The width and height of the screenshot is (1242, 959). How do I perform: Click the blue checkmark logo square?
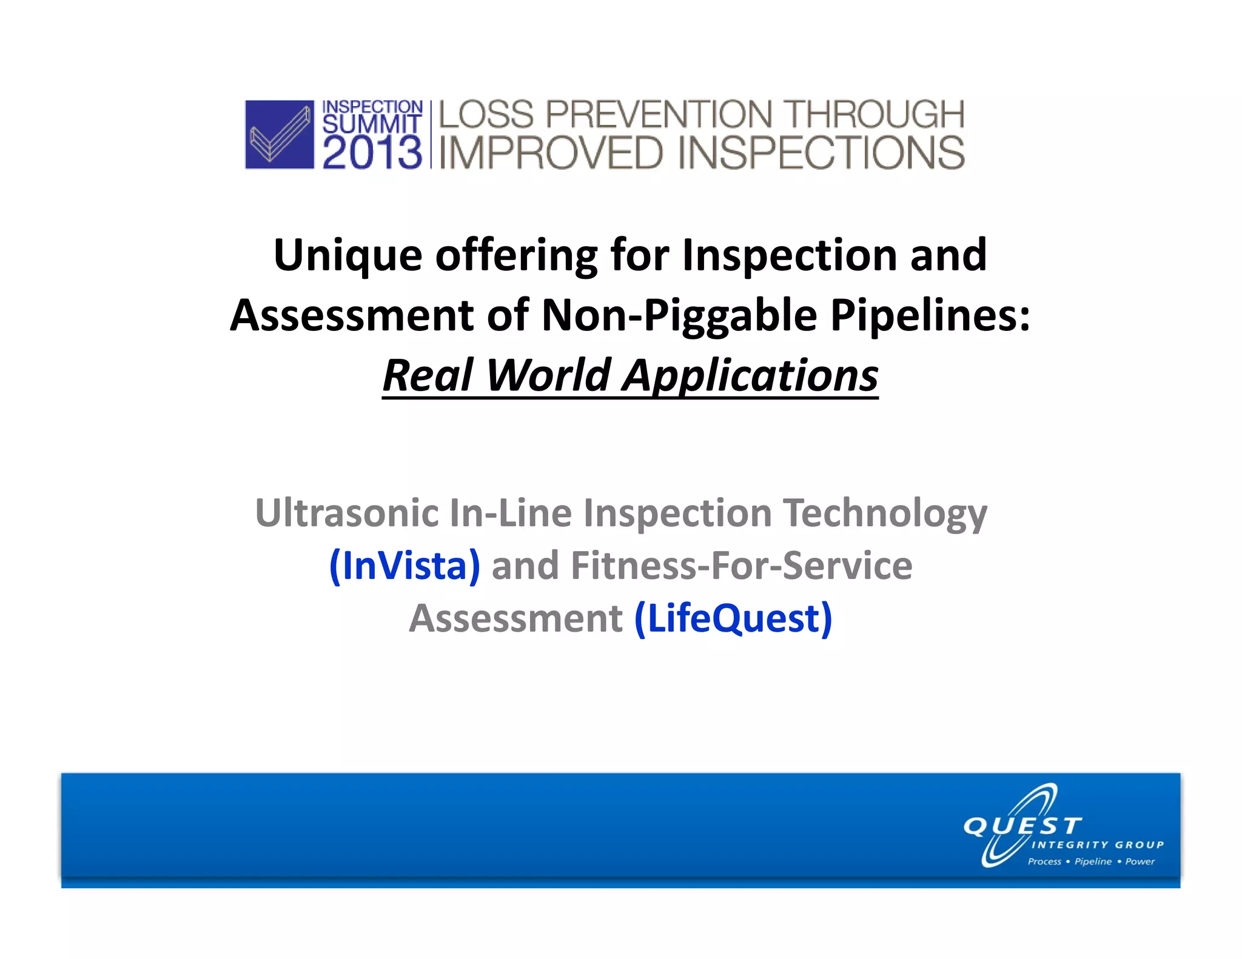coord(279,134)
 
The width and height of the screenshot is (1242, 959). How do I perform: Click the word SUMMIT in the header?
coord(371,124)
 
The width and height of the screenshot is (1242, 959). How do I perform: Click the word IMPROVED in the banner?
coord(551,153)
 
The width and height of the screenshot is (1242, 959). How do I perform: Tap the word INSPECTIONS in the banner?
coord(821,153)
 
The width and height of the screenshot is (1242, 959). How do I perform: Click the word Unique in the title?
coord(347,255)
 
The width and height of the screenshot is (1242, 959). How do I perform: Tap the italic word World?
coord(548,375)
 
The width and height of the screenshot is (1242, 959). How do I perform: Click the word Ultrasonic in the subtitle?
coord(347,513)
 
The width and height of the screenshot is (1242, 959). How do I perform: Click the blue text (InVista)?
coord(404,566)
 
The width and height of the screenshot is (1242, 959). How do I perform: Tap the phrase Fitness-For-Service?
coord(741,566)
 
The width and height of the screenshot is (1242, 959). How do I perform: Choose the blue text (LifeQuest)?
coord(733,618)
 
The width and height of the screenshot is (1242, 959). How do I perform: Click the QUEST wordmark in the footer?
coord(1022,826)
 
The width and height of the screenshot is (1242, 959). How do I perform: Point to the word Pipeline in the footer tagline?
coord(1093,861)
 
